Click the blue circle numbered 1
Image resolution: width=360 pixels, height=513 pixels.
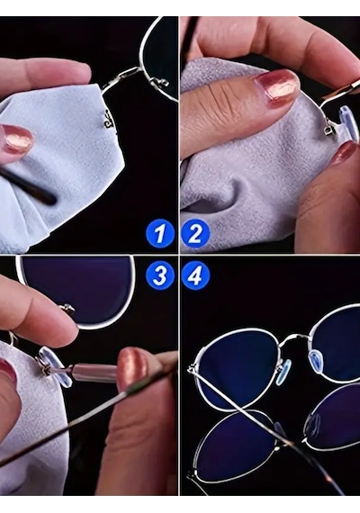[x=159, y=234]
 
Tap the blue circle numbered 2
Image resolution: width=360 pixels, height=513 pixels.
[x=195, y=234]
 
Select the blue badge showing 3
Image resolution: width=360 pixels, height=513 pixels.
[x=159, y=275]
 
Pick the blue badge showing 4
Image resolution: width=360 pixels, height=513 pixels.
[x=195, y=275]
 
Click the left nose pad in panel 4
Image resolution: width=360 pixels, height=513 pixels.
[x=283, y=372]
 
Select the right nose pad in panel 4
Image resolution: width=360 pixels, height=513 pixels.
[x=317, y=360]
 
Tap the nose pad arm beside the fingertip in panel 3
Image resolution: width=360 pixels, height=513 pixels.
[x=69, y=308]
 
